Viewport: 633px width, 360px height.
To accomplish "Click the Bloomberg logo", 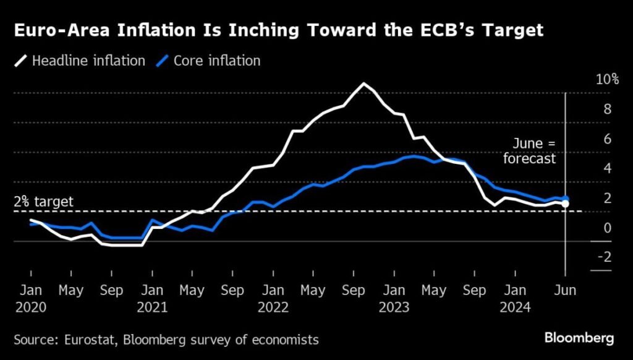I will (x=579, y=338).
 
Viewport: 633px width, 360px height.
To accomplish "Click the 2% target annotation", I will (x=43, y=202).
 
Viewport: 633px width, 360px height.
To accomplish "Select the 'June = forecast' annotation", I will (x=529, y=151).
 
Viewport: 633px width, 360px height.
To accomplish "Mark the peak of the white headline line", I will (x=364, y=84).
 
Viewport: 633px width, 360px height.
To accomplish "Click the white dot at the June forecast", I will (x=565, y=204).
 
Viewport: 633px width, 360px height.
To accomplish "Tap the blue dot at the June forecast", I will (x=565, y=198).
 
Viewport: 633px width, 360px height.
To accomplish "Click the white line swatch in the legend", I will (x=21, y=61).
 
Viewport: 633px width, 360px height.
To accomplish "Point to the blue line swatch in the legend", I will (x=163, y=61).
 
